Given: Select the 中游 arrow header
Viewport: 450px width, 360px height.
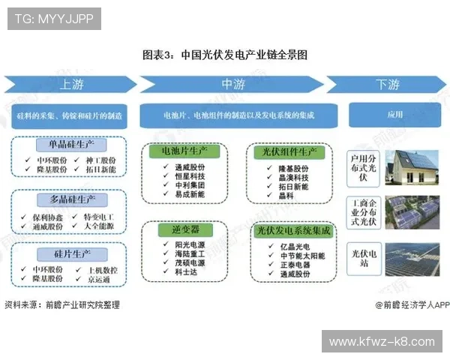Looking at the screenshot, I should click(229, 84).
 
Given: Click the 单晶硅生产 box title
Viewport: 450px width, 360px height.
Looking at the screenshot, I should click(70, 145).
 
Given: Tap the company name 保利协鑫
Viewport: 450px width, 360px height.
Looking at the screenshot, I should click(46, 216).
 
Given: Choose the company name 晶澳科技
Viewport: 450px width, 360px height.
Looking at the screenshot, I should click(293, 178).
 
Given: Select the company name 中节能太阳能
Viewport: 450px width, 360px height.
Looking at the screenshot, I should click(298, 254).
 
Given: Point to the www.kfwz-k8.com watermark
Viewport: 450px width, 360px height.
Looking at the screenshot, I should click(382, 341).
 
